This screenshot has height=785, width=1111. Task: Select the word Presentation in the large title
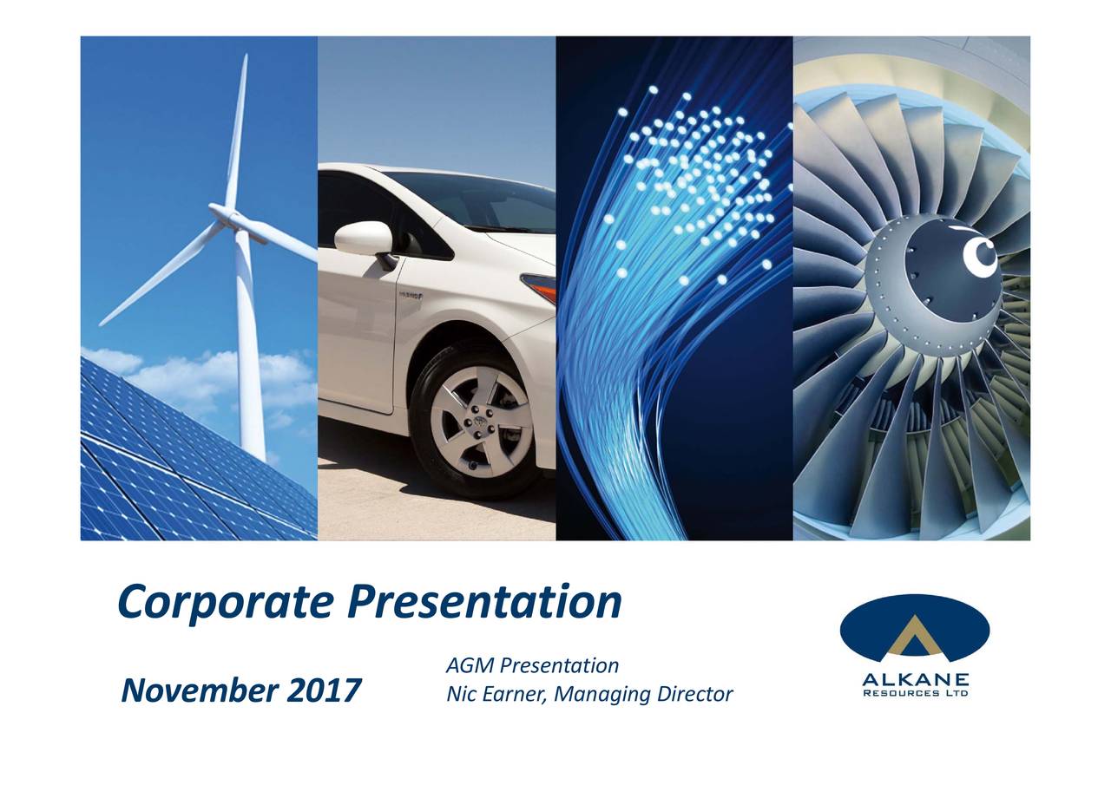point(484,602)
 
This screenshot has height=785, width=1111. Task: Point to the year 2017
point(324,690)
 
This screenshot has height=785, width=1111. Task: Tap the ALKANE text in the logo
point(915,679)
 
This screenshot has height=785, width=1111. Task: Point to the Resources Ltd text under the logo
point(915,693)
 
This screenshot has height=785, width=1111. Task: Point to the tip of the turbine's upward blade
point(246,56)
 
